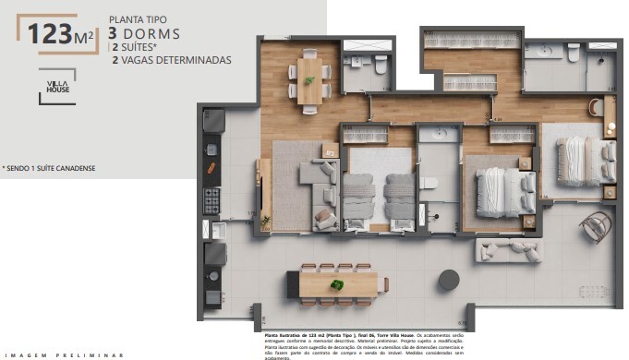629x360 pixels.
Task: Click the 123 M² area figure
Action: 56,35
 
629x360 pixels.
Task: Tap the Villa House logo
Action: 57,88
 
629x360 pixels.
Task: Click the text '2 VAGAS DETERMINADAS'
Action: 171,60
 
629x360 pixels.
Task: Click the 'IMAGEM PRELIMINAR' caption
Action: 64,354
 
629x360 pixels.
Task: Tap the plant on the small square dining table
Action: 308,80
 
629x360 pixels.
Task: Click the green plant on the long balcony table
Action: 337,285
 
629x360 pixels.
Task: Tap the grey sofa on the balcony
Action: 507,249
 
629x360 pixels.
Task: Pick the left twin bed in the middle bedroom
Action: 357,195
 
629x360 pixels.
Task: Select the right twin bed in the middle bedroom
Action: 399,195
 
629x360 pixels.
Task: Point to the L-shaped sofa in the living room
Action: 319,194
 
